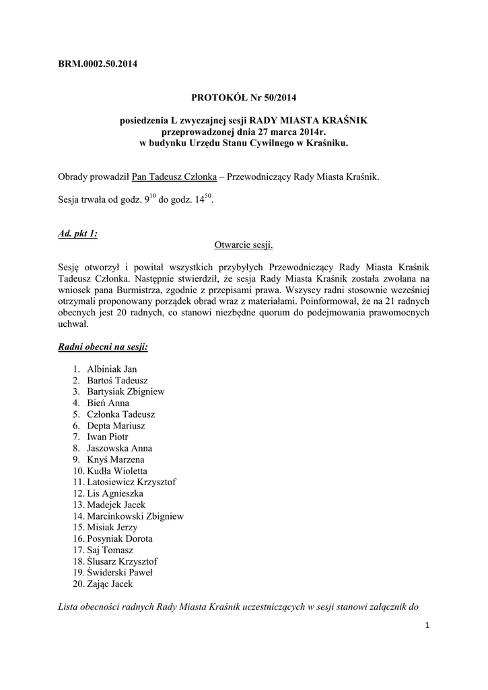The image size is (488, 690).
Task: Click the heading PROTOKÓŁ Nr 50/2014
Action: tap(244, 98)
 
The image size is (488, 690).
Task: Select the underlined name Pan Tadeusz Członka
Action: tap(174, 177)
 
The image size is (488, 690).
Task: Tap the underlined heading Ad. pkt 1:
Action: tap(78, 233)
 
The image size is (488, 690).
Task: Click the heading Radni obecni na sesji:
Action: tap(103, 347)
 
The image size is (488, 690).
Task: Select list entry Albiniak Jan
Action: tap(112, 369)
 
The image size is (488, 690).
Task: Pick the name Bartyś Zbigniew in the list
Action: tap(126, 391)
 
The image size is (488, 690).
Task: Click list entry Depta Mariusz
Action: tap(116, 426)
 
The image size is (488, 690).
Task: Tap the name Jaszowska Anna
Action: tap(119, 448)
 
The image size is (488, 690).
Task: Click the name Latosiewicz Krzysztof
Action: tap(131, 482)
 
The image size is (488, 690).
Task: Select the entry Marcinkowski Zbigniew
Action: tap(135, 516)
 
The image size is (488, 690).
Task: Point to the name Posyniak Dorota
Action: tap(119, 539)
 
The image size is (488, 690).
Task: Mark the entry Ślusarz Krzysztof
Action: tap(123, 561)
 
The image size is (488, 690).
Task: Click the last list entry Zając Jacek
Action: tap(110, 584)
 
